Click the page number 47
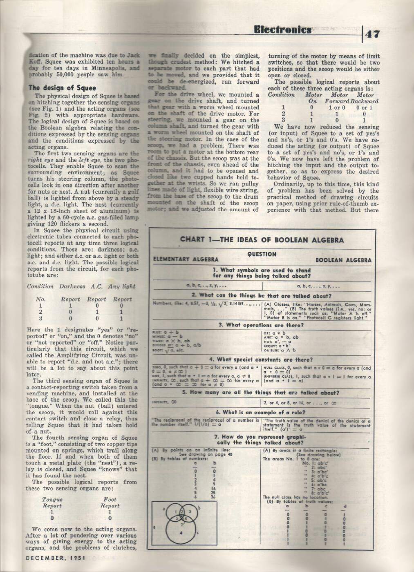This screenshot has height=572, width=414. [374, 34]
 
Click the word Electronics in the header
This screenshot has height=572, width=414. [282, 30]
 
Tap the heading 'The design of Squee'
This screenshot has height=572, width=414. [62, 87]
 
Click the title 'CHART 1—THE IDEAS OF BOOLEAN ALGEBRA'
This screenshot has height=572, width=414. [262, 240]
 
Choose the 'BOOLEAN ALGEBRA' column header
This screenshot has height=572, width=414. [344, 260]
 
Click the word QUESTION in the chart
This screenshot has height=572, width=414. [262, 254]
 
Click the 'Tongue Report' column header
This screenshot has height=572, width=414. [52, 503]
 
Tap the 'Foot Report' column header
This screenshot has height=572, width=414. [110, 503]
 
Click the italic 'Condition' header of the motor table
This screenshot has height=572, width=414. [281, 94]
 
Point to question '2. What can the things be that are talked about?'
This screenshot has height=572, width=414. [262, 296]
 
